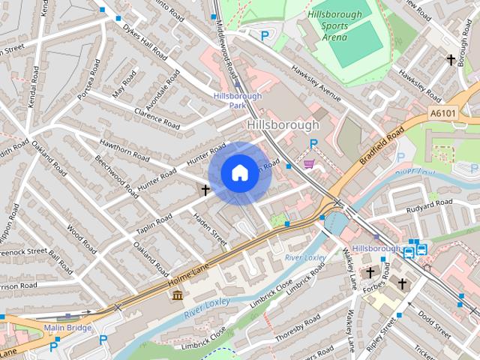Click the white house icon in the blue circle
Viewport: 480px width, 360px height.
(239, 173)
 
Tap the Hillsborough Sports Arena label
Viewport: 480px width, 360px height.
(334, 23)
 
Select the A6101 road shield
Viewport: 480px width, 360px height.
(444, 113)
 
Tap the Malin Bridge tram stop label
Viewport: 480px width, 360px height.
(67, 328)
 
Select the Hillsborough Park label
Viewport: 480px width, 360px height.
(237, 100)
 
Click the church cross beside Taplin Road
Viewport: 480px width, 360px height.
(205, 190)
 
